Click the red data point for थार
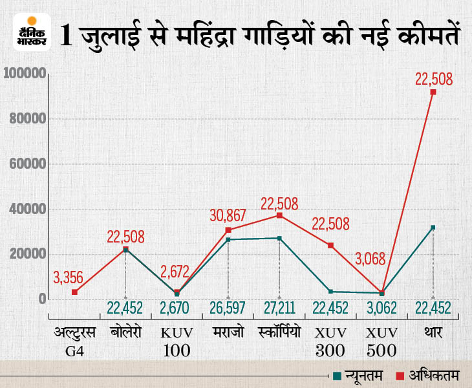433,92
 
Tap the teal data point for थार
433,228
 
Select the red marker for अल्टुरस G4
75,292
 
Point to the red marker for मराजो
228,230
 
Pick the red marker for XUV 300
330,245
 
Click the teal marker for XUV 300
330,292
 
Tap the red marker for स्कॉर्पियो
279,215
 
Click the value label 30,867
228,213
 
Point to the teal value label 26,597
228,308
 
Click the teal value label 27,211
279,308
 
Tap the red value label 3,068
370,259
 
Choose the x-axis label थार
433,333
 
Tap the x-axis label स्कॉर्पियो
279,333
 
